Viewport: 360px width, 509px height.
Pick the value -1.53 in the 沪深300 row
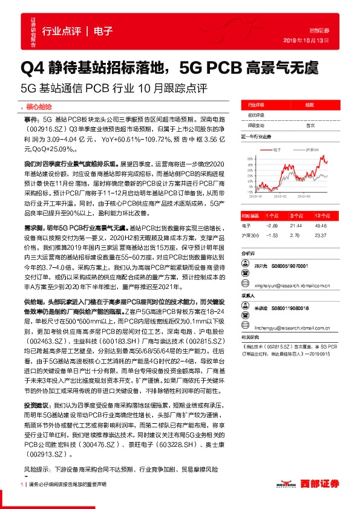270,234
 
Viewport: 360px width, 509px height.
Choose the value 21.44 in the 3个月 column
296,225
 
